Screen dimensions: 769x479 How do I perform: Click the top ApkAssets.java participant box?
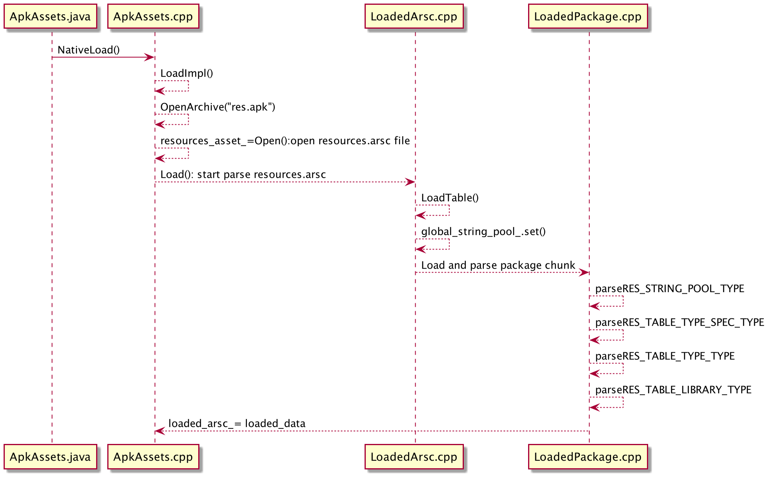(50, 16)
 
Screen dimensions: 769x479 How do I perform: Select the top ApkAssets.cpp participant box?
(153, 16)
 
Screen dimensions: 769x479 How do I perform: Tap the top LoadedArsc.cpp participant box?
(414, 16)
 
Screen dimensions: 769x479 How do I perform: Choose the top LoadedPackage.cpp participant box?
(588, 16)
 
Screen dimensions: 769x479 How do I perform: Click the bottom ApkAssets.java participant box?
(50, 457)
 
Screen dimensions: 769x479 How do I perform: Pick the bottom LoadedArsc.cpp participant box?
(414, 457)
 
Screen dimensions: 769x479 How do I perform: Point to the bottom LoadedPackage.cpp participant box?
(588, 457)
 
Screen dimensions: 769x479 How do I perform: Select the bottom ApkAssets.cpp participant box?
(153, 457)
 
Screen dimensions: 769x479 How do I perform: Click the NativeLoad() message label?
(89, 50)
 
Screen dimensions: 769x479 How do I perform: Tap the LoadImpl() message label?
(187, 73)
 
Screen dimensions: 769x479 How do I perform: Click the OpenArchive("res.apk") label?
(218, 107)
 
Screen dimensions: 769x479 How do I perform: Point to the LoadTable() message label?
(450, 198)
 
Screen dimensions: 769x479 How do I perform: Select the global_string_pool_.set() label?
(483, 232)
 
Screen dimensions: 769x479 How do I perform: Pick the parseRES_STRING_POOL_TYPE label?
(670, 289)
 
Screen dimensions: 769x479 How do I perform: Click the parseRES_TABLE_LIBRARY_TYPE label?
(673, 390)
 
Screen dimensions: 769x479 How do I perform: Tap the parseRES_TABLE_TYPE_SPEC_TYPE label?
(680, 322)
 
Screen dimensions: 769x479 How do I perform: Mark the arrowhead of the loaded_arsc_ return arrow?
(160, 431)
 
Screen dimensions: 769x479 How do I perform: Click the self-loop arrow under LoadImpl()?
(188, 86)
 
